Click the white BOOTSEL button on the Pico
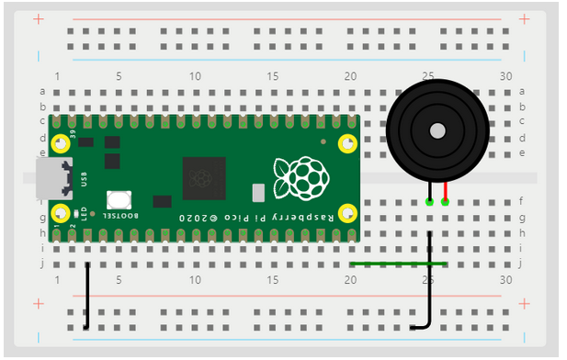[x=119, y=199]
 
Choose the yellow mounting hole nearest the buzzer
[x=347, y=143]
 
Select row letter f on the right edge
[x=523, y=201]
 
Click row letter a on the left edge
[x=42, y=91]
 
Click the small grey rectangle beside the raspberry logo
[x=258, y=192]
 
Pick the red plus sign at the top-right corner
[x=524, y=18]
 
